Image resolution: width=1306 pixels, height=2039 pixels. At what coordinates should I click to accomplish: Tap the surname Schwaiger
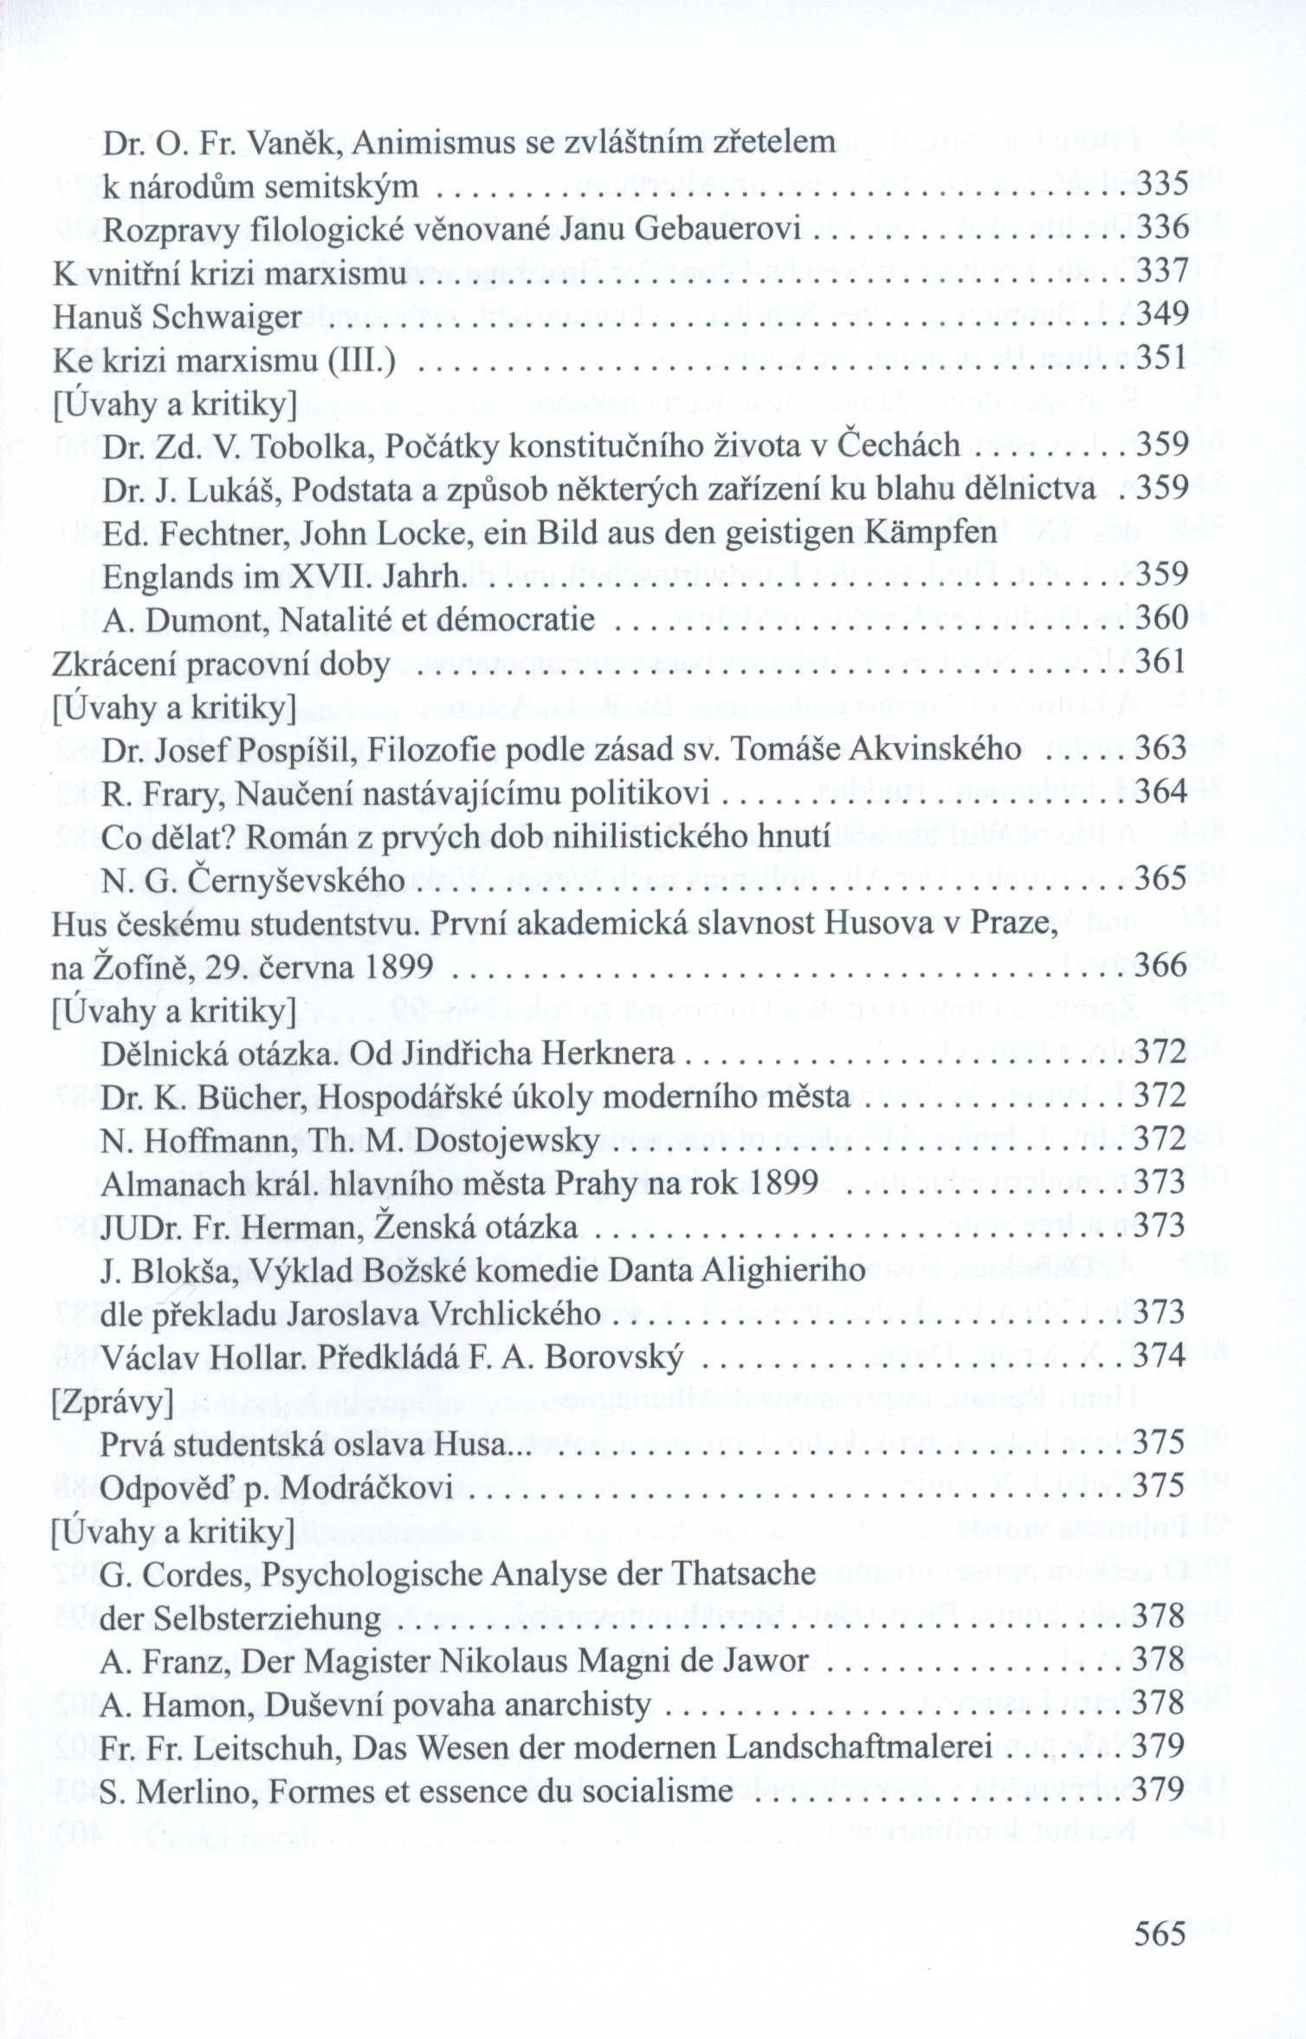(x=226, y=316)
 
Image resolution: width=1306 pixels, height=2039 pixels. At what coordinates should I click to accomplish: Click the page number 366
(x=1161, y=965)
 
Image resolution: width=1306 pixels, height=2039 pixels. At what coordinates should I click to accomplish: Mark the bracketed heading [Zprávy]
(x=113, y=1401)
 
